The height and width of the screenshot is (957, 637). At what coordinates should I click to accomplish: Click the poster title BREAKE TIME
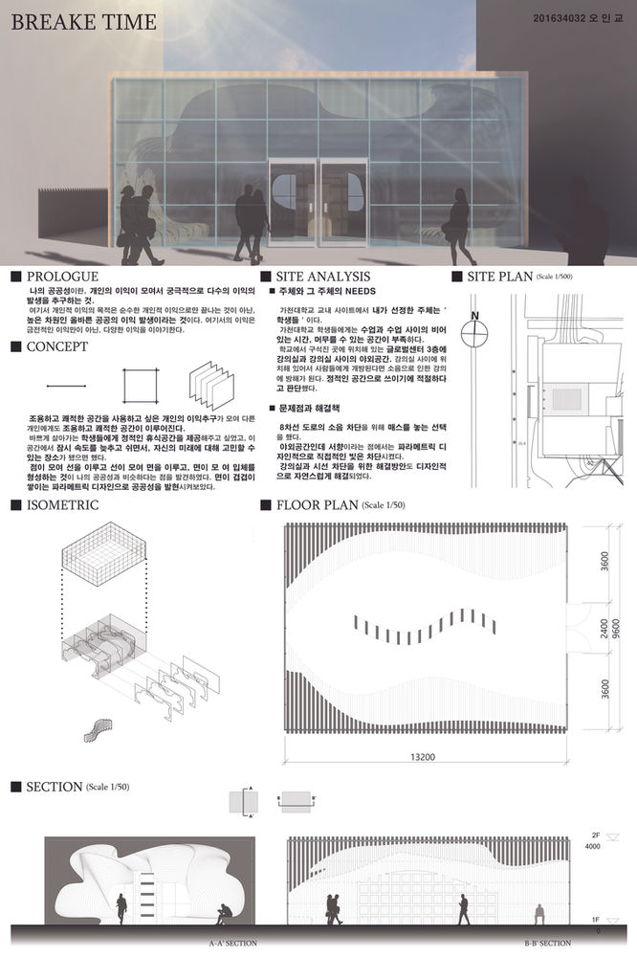(x=77, y=23)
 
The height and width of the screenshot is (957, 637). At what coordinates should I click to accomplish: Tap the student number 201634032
(x=563, y=19)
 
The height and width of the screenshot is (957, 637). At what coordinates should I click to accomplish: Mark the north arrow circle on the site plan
(x=474, y=335)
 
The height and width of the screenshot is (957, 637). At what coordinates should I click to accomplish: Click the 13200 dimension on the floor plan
(x=423, y=757)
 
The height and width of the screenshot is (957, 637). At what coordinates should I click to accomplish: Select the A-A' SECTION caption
(x=232, y=944)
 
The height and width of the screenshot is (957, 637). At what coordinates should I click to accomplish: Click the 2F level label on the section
(x=597, y=835)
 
